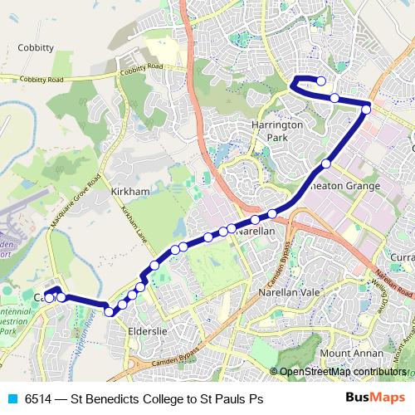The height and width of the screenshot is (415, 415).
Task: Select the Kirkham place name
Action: tap(129, 191)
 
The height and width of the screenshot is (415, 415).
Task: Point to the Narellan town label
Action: tap(255, 235)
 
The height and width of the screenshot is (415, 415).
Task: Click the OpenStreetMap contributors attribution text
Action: tap(343, 373)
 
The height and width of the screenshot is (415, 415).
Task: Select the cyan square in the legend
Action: tap(11, 399)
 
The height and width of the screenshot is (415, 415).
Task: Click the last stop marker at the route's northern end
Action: tap(321, 81)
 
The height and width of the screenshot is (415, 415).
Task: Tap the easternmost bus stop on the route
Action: tap(366, 108)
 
